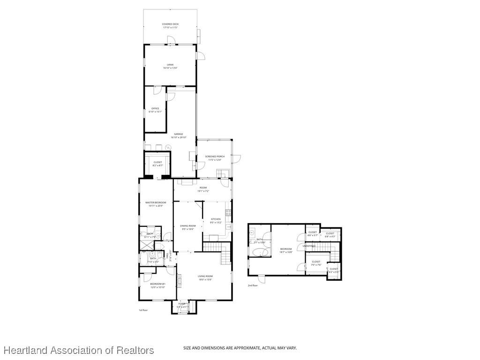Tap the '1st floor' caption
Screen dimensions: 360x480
point(143,310)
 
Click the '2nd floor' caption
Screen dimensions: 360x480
point(253,285)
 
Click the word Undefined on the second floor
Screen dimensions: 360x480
point(309,246)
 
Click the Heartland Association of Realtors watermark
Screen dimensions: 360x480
point(78,350)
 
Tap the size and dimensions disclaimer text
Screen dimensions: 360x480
point(240,348)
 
